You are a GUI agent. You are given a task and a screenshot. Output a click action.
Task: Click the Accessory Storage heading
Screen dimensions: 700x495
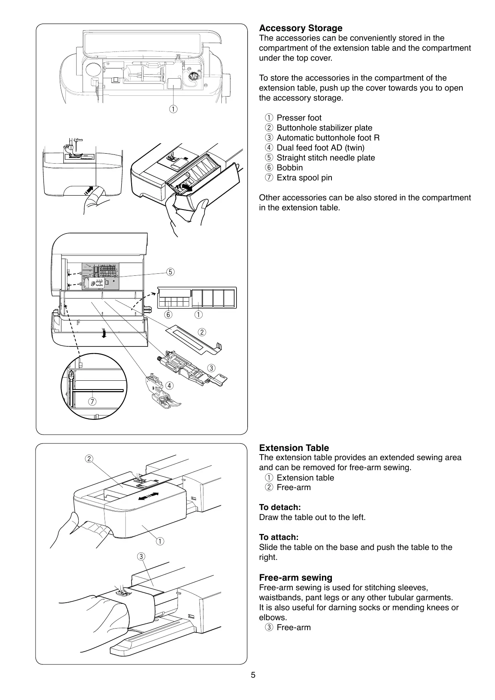pos(300,28)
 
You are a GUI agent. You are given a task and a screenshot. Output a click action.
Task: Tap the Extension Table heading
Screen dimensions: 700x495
pos(294,448)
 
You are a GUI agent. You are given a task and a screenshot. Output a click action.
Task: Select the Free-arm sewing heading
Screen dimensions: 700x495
pos(295,577)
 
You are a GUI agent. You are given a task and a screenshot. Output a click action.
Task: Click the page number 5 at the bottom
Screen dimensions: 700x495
pos(253,675)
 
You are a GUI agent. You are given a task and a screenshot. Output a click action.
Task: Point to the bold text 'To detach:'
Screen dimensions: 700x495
pos(280,507)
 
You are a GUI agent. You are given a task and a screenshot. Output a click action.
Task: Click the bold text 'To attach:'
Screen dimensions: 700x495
pos(278,537)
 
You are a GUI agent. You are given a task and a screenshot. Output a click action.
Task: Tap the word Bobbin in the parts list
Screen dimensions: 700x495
pos(290,168)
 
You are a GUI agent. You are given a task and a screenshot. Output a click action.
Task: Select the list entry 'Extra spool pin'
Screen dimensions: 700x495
pos(304,178)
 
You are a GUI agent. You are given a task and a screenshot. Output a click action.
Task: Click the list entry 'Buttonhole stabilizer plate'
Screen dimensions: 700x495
pos(324,128)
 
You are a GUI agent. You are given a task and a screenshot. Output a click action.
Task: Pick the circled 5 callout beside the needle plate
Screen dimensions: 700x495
pos(170,272)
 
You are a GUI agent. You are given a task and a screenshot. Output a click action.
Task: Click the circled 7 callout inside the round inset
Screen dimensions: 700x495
pos(93,401)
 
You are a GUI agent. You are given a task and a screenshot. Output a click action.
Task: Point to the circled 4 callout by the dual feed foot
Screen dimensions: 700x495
pos(170,386)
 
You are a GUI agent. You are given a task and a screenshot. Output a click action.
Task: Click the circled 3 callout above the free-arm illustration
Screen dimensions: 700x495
pos(141,556)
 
